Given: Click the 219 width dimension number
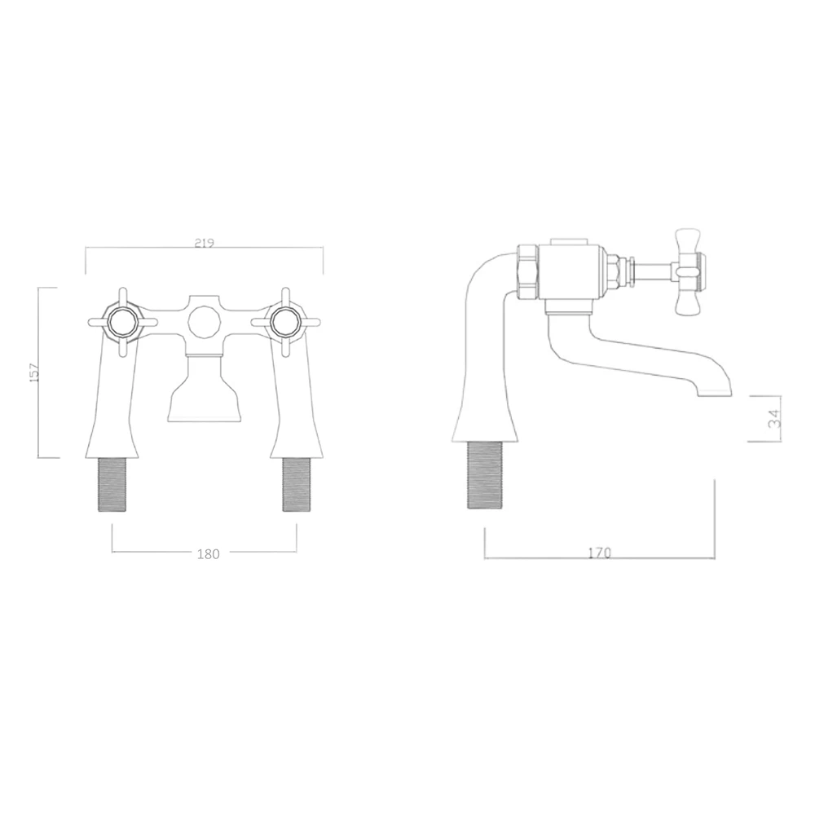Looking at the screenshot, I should [x=205, y=243].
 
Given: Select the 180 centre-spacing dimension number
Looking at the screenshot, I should [x=209, y=554].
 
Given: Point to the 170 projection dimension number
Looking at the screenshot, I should [x=598, y=553].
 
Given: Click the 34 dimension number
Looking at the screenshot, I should [x=773, y=418].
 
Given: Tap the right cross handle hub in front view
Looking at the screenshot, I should [x=285, y=322].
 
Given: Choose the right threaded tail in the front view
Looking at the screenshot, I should [x=294, y=484].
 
